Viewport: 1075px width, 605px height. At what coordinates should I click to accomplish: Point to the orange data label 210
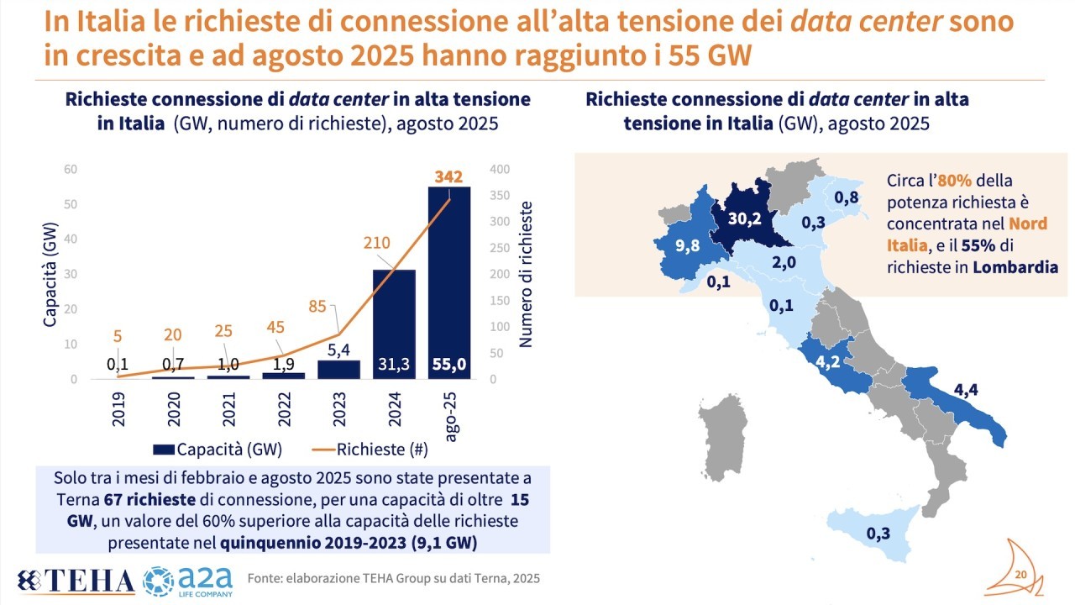pyautogui.click(x=379, y=243)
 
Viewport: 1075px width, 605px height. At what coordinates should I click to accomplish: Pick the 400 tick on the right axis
pyautogui.click(x=498, y=169)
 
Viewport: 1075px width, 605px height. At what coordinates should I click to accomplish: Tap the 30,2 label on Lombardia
pyautogui.click(x=743, y=218)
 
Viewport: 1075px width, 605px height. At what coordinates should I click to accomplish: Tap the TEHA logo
pyautogui.click(x=78, y=580)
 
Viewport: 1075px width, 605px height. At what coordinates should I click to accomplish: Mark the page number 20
pyautogui.click(x=1021, y=574)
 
